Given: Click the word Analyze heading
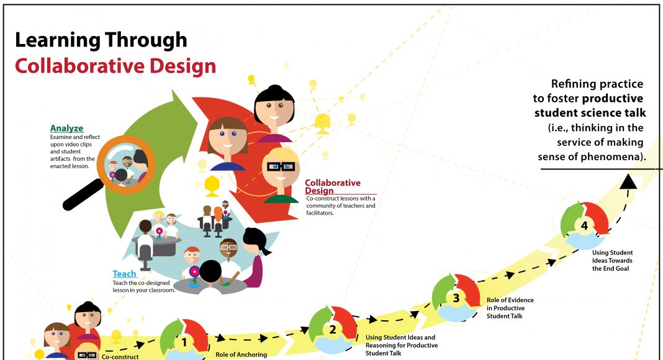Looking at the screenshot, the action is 67,128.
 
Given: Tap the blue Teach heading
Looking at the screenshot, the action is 124,274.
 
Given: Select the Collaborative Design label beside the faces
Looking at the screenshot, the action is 333,186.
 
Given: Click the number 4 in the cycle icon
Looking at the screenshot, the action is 584,226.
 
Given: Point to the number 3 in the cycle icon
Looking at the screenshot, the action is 456,299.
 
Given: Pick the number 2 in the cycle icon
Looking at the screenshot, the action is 333,330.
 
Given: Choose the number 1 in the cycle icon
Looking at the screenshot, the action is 184,342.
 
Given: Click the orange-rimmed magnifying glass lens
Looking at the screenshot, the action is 126,165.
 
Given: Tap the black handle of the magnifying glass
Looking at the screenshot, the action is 83,195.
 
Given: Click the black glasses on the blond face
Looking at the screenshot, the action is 281,166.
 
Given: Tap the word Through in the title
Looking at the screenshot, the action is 146,41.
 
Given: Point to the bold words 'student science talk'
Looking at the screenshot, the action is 590,113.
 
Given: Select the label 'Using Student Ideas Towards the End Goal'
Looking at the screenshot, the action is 612,260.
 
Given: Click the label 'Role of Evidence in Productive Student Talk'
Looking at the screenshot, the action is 510,308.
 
